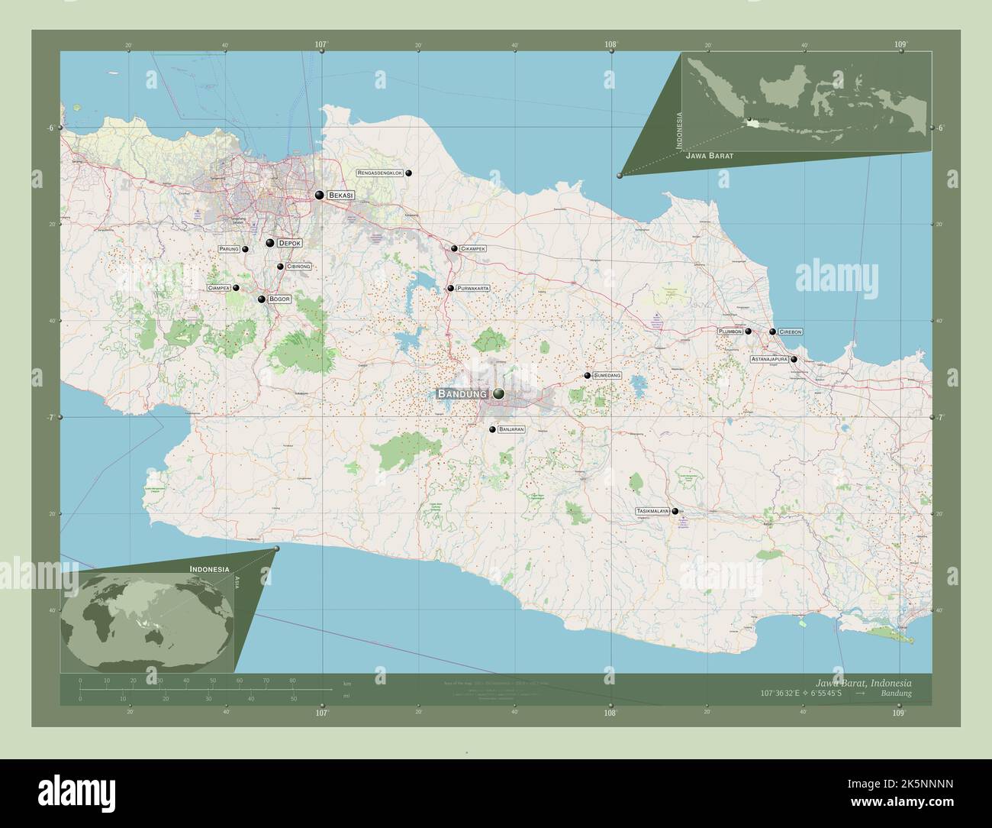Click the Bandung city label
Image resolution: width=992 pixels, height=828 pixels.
click(462, 394)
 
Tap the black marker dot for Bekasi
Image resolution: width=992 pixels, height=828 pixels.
click(319, 195)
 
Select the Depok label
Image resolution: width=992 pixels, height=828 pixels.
click(290, 243)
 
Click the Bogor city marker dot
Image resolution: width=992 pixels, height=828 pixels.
click(261, 299)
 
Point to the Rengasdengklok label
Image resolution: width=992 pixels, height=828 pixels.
click(380, 173)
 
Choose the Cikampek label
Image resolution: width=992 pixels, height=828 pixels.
click(473, 249)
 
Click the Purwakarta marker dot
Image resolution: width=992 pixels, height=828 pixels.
click(450, 289)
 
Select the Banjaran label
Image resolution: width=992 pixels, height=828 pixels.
click(511, 430)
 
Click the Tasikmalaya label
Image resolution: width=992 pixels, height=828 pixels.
click(652, 511)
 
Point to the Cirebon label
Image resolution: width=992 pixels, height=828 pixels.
click(791, 332)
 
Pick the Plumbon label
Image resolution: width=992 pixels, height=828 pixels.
click(730, 332)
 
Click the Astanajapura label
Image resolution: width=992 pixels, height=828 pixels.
click(768, 359)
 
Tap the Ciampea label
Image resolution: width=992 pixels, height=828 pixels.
click(218, 288)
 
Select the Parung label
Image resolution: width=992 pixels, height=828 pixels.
click(230, 249)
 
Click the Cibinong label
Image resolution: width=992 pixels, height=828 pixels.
click(298, 267)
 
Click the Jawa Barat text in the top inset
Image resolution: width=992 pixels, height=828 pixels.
click(710, 155)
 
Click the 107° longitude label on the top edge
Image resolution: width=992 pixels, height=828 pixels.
click(321, 45)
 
